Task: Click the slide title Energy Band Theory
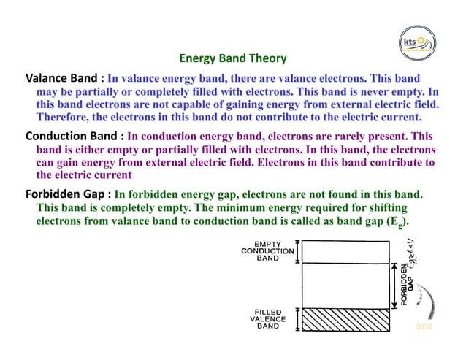tap(233, 58)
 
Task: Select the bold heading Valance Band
tap(62, 77)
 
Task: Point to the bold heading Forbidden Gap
tap(67, 195)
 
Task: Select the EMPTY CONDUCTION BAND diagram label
tap(267, 250)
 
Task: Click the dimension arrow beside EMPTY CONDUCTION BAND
tap(298, 250)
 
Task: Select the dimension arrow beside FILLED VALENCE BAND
tap(298, 318)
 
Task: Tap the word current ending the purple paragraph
tap(111, 175)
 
